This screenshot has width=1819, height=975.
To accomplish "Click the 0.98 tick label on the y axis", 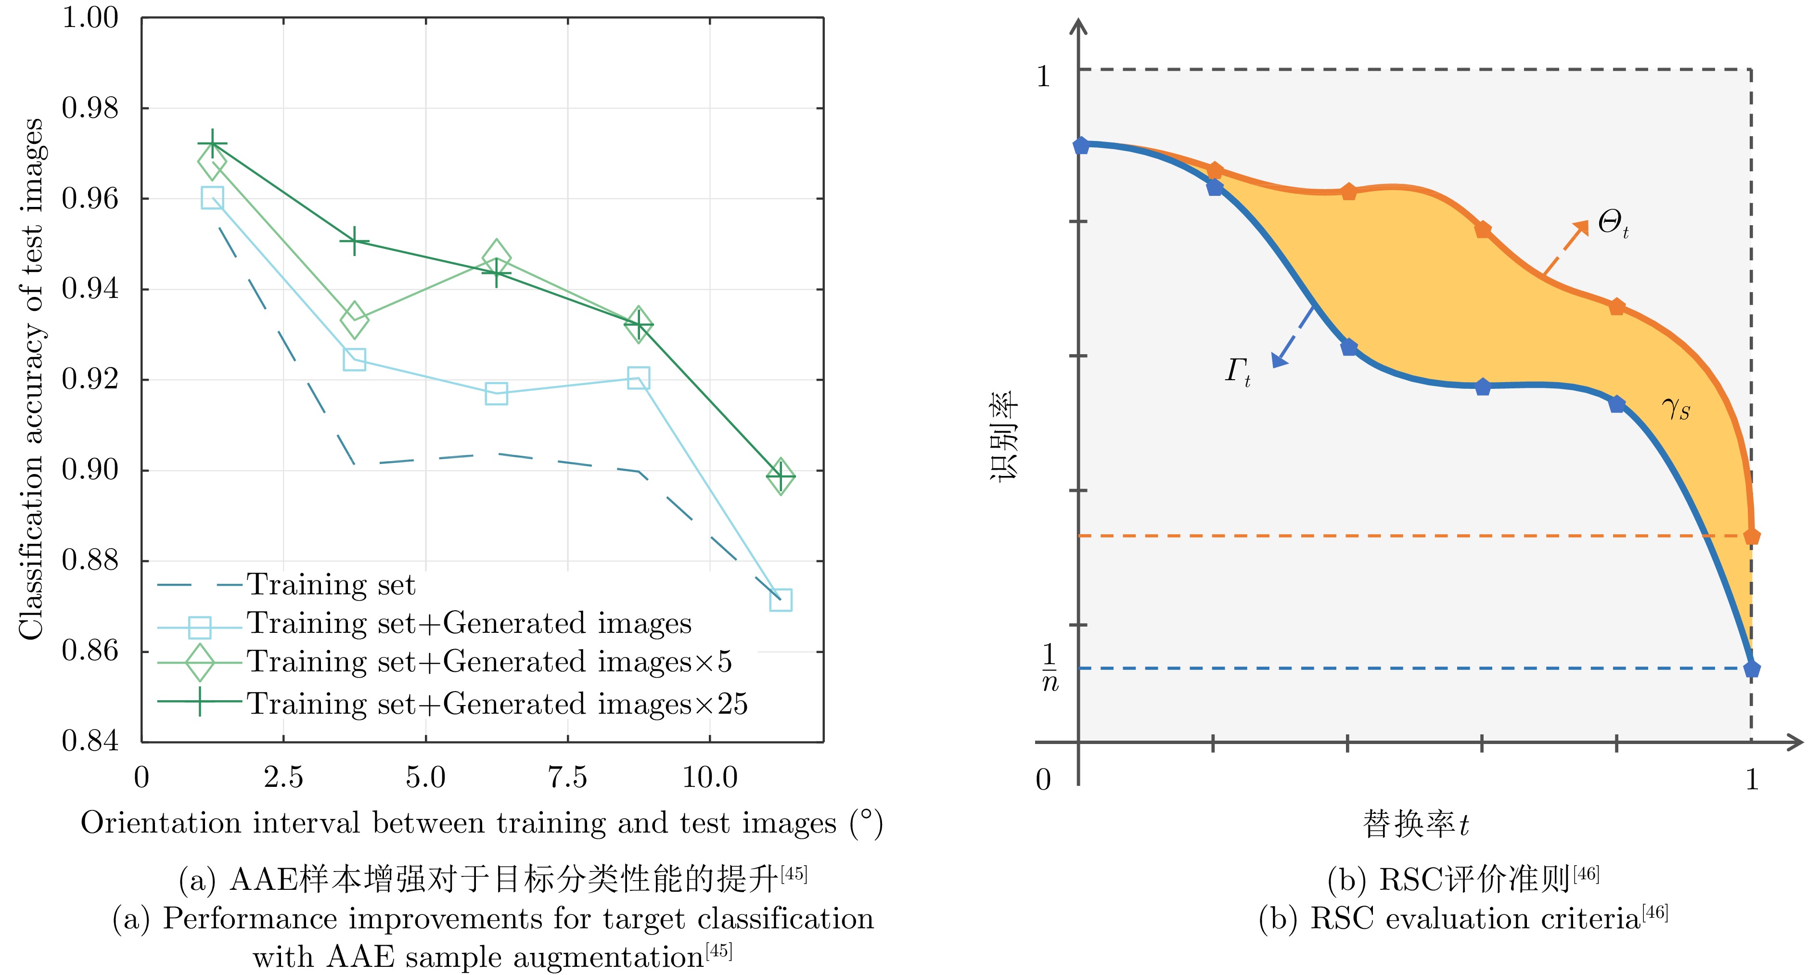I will tap(90, 108).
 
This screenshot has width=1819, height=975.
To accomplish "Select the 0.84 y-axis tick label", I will tap(90, 741).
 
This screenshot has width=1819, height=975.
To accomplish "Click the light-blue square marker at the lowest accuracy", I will tap(780, 600).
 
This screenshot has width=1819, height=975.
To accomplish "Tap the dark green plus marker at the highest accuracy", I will tap(212, 145).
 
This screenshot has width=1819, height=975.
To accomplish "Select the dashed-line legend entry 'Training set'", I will tap(331, 585).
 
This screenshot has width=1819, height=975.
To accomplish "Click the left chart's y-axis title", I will tap(32, 379).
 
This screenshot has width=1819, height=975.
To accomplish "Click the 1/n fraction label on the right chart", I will tap(1050, 667).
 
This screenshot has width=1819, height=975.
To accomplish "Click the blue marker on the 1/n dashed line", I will tap(1751, 668).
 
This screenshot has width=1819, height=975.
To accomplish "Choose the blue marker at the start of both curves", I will tap(1080, 145).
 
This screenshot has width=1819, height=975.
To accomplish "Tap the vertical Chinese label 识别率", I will tap(1003, 436).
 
